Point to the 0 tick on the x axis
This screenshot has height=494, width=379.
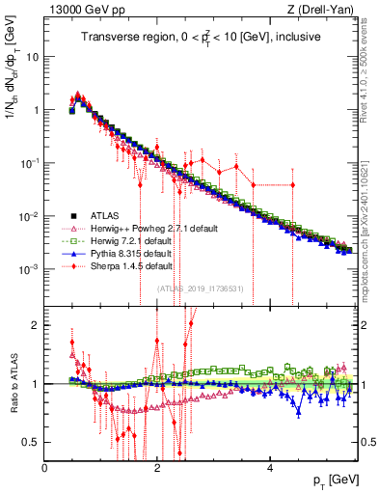44,467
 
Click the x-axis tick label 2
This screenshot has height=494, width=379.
157,467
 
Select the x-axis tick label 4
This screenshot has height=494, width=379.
270,467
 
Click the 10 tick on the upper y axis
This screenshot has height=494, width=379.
32,56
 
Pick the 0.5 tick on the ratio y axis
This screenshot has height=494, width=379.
31,442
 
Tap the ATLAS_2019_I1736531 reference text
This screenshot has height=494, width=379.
200,288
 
